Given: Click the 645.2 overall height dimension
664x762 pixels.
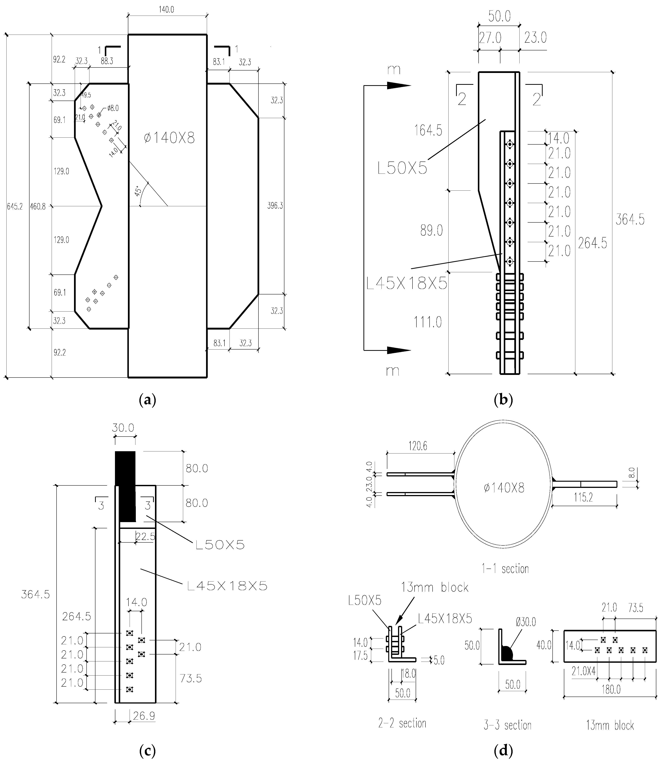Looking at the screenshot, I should pyautogui.click(x=15, y=207).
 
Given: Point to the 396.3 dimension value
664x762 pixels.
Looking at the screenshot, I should pyautogui.click(x=275, y=206).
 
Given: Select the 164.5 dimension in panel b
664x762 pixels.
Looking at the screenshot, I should pyautogui.click(x=428, y=130).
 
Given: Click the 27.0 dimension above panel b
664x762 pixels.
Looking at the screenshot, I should pyautogui.click(x=490, y=38).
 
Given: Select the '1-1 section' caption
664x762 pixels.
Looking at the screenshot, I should pyautogui.click(x=505, y=568).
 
